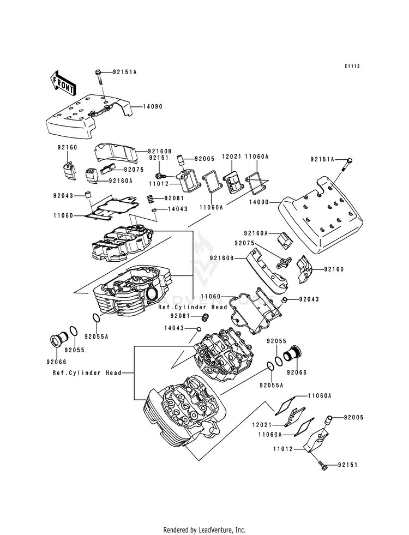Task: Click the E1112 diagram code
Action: point(352,66)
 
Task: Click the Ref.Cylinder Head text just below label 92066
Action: point(79,373)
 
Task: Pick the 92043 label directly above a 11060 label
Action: point(64,195)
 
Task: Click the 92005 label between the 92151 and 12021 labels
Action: point(191,145)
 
